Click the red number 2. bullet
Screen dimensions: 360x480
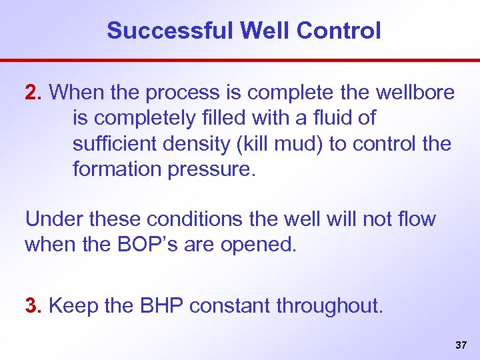coord(34,92)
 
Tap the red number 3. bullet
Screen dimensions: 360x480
coord(34,306)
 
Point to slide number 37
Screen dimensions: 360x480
coord(460,345)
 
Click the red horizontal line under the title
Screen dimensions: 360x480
coord(240,60)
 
